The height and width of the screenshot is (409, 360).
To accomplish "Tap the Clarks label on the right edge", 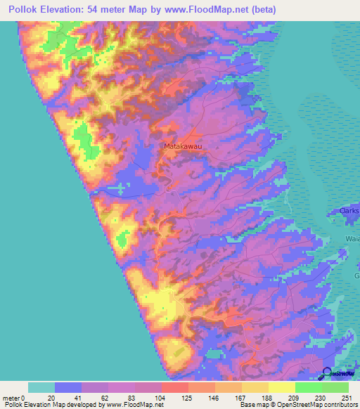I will click(349, 210).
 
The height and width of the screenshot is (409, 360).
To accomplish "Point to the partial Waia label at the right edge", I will click(352, 239).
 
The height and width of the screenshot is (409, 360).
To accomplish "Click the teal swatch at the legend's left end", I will click(41, 387).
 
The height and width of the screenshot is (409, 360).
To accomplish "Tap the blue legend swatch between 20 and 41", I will click(68, 387).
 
